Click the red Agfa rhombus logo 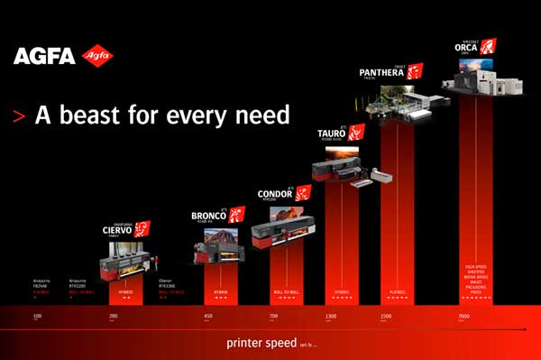96,57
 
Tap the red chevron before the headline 18,116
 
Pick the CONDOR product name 274,195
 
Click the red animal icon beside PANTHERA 415,70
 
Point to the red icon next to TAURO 356,133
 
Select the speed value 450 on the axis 208,317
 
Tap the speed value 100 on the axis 37,317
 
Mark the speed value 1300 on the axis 332,317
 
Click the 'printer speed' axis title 260,345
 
